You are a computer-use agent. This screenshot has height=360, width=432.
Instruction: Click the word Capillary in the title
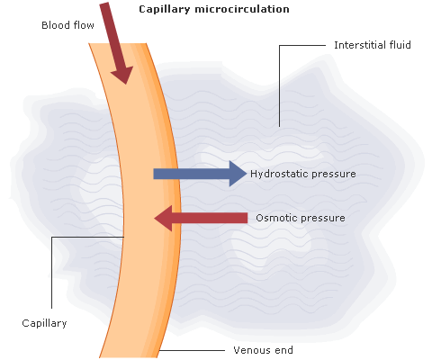coord(165,9)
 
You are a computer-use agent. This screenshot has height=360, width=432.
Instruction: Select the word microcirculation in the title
coord(242,9)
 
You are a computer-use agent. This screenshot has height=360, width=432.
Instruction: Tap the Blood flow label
coord(67,25)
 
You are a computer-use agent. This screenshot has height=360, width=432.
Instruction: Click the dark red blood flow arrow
coord(116,43)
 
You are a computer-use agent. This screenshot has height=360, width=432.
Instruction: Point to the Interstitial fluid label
coord(373,45)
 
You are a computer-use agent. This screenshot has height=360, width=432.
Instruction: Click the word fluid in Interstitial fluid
coord(400,45)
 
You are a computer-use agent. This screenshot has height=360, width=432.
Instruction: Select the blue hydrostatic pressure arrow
coord(200,174)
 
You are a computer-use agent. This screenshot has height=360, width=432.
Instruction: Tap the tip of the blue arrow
coord(247,174)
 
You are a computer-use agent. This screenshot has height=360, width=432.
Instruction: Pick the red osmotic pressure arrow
coord(201,218)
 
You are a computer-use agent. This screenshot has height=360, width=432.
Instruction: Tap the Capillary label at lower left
coord(44,323)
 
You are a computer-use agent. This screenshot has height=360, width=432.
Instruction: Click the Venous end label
coord(263,350)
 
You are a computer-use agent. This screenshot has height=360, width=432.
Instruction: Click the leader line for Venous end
coord(192,350)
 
